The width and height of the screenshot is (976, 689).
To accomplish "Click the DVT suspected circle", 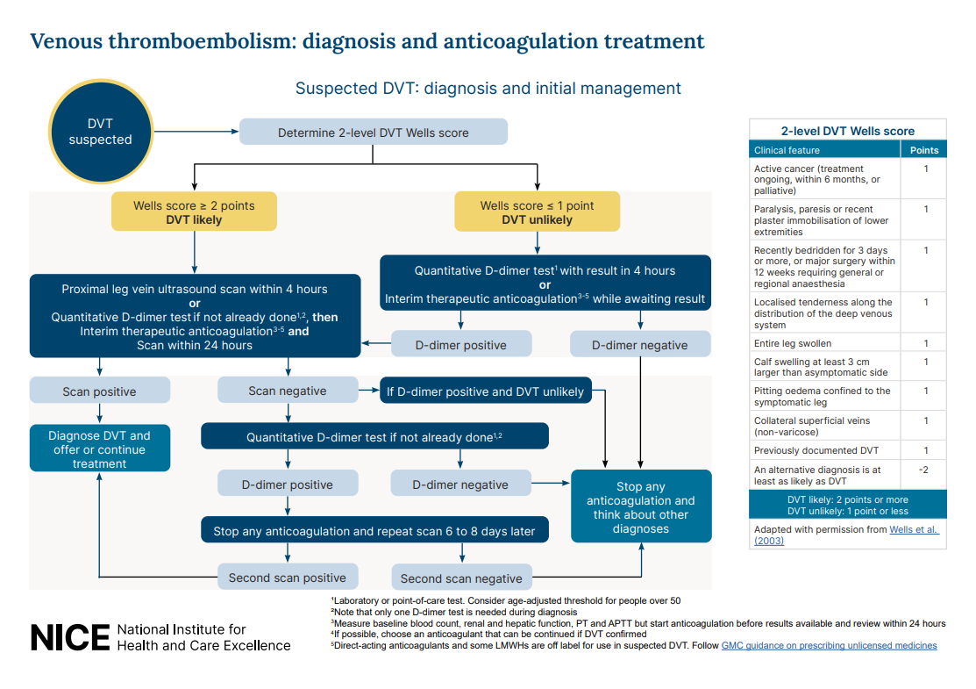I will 101,133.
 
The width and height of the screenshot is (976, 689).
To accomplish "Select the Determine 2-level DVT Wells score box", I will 374,133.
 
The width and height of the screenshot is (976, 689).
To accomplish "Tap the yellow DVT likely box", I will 194,212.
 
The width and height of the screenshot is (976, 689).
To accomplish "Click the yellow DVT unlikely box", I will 537,212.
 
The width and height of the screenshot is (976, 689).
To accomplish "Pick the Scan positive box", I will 99,391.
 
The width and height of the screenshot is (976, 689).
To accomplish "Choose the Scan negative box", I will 287,391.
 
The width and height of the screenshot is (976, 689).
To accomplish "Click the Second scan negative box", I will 461,578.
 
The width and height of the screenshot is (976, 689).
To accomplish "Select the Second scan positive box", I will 288,578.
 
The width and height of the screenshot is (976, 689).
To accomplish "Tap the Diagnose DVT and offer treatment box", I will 99,449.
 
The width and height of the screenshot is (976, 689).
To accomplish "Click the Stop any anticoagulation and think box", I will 640,507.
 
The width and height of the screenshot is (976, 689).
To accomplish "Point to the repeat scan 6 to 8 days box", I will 374,531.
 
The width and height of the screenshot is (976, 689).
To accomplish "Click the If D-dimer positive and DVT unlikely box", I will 485,391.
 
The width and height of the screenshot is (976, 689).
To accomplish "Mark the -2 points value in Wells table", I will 923,470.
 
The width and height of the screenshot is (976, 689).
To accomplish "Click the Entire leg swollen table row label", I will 793,343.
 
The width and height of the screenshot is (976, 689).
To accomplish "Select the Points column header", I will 923,150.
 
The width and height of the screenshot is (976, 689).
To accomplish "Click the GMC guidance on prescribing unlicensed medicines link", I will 829,645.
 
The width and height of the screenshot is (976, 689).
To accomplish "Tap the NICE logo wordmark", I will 70,638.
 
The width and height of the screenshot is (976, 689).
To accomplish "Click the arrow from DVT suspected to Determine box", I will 197,133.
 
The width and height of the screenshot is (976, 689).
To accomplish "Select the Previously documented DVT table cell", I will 816,450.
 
